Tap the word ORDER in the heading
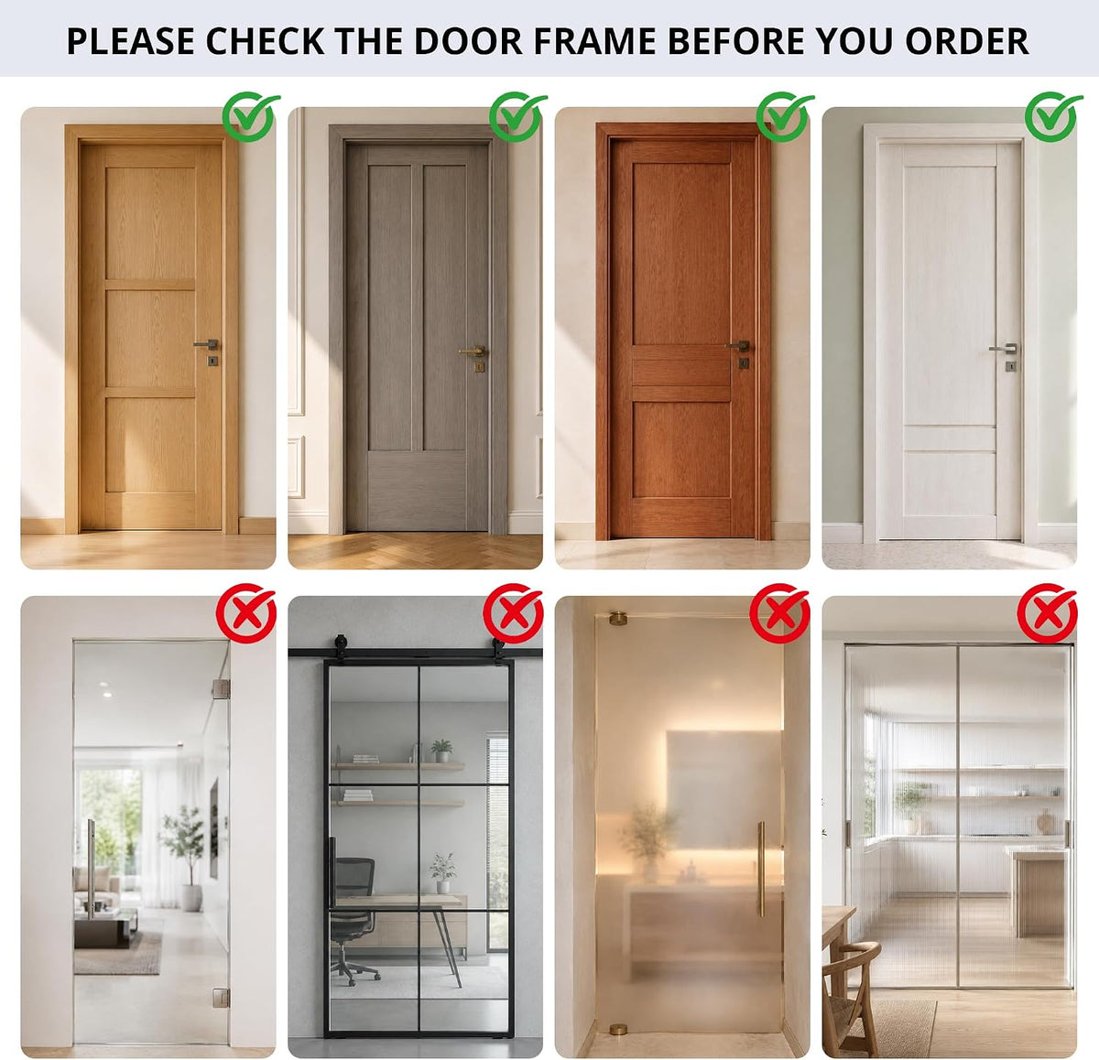point(967,40)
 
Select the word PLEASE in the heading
point(130,40)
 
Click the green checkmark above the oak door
point(250,117)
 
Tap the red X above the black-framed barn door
point(513,613)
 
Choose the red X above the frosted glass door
point(779,613)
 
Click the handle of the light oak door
point(207,344)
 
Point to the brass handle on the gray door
point(473,352)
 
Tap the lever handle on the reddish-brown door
point(738,345)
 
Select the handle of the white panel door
point(1004,348)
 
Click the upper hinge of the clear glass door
point(222,688)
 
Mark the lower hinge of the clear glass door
point(222,998)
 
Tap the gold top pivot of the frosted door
point(618,619)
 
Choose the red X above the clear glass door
point(246,613)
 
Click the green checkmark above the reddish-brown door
point(785,117)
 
